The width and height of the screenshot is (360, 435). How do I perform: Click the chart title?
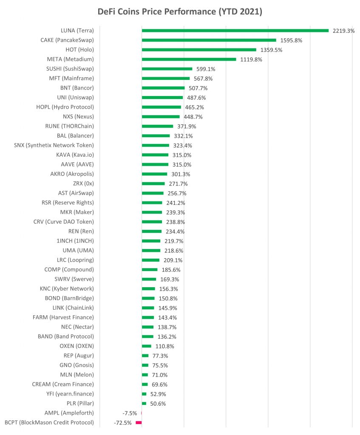pos(180,12)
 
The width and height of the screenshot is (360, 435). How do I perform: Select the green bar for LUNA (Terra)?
pos(235,31)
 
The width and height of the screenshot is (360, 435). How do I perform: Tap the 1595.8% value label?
pos(291,40)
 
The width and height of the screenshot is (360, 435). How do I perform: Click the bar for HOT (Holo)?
pos(199,50)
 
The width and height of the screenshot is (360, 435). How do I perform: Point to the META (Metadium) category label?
pos(70,59)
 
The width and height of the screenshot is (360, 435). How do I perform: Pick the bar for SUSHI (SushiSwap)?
pos(167,69)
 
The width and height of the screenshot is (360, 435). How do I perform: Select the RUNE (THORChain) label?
pos(69,126)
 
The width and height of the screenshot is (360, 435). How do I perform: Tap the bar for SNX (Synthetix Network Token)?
pos(155,145)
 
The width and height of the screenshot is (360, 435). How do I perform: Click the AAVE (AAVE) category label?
pos(77,164)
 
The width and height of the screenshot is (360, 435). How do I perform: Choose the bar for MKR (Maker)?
pos(152,212)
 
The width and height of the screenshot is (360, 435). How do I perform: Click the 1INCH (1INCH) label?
pos(75,241)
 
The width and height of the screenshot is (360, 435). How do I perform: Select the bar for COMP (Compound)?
pos(150,270)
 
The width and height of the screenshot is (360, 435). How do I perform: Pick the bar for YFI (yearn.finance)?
pos(144,394)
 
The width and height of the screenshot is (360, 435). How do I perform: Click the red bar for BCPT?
pos(139,423)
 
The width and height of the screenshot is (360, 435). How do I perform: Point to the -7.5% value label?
pos(130,413)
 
